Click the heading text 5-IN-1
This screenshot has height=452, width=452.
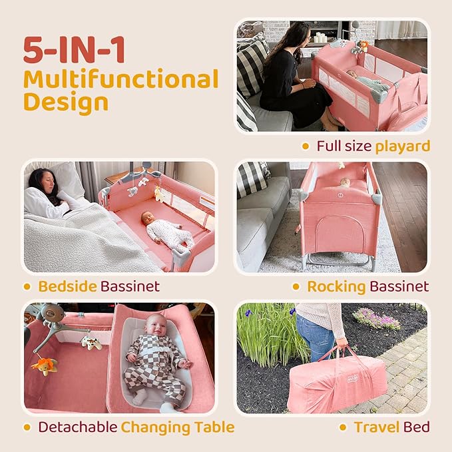coord(74,49)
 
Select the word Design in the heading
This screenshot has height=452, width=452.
coord(66,103)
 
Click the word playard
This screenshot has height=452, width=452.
coord(403,146)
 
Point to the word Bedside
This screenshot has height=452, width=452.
coord(67,286)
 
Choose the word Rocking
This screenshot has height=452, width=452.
coord(336,287)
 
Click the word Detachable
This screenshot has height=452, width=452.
coord(78,427)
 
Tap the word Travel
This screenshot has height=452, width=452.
coord(377,427)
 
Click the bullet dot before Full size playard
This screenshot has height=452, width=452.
coord(306,146)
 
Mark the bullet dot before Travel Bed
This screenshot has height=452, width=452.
coord(343,427)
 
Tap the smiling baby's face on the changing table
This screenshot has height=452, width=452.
coord(155,325)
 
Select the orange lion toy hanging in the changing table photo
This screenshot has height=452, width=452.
coord(45,365)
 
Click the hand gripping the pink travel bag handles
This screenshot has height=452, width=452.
coord(342,343)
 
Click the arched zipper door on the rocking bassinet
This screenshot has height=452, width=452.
coord(339,234)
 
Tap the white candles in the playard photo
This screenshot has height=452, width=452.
coord(320,38)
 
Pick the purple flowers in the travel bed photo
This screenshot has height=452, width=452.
coord(376,318)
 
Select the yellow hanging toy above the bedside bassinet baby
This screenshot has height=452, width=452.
coord(159,194)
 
